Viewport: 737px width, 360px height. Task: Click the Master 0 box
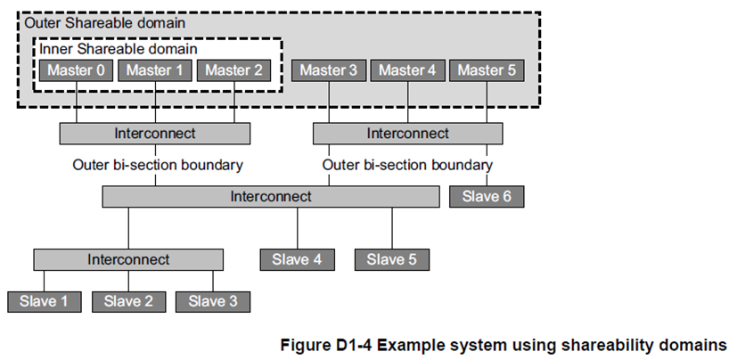point(76,70)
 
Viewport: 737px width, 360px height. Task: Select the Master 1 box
point(154,70)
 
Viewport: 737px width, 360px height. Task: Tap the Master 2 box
point(234,70)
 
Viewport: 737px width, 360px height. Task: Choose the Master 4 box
point(407,70)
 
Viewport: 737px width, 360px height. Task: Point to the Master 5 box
point(487,70)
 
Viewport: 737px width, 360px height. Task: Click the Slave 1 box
point(45,301)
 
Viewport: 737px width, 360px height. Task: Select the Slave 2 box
point(128,301)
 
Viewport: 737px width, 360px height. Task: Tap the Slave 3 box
point(212,301)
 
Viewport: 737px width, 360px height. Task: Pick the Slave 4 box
point(298,259)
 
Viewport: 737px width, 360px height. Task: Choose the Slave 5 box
point(392,259)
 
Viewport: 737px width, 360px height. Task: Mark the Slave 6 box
point(487,196)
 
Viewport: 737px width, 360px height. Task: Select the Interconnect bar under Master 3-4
point(408,134)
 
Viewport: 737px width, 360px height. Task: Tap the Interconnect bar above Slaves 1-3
point(128,259)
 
